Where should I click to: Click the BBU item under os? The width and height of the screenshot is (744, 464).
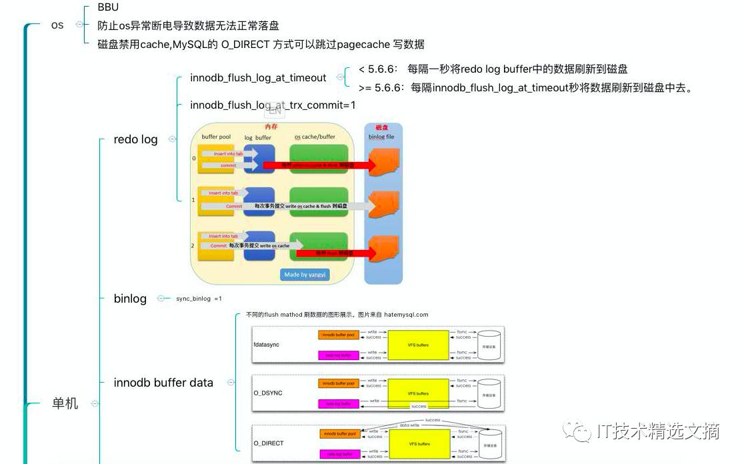click(107, 8)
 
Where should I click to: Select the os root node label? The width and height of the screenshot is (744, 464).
click(58, 25)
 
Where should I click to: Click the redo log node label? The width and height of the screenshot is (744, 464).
click(135, 139)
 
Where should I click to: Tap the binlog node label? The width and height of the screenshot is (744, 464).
click(130, 298)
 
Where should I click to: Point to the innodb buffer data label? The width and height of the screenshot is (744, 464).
click(163, 383)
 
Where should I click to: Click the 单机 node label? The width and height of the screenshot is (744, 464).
click(65, 403)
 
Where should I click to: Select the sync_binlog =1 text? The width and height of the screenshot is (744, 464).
click(199, 299)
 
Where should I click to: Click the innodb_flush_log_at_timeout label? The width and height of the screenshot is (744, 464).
click(258, 78)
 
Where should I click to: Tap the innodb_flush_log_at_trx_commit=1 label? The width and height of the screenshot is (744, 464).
click(273, 105)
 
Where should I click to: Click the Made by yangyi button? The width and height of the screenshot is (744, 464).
click(306, 275)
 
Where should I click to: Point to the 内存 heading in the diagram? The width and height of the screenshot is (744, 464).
click(271, 126)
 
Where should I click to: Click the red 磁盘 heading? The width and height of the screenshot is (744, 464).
click(383, 127)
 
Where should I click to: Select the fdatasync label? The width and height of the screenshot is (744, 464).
click(266, 345)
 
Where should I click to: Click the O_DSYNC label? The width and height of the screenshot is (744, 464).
click(267, 393)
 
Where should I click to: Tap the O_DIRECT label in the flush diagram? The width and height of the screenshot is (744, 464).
click(268, 443)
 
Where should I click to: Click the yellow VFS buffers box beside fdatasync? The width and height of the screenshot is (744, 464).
click(418, 345)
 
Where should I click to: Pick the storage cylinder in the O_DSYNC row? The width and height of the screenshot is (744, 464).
click(490, 393)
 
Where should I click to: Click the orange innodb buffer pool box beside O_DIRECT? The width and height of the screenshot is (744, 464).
click(339, 434)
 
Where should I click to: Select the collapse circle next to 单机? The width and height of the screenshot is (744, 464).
click(95, 403)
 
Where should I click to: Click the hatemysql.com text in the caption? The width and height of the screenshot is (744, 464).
click(406, 315)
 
